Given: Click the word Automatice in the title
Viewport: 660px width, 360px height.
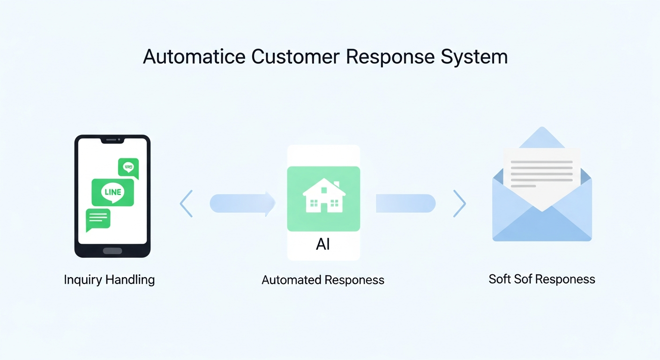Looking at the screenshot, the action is point(194,56).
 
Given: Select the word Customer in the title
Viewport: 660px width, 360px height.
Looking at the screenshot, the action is point(295,56).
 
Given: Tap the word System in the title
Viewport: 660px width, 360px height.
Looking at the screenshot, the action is point(474,57).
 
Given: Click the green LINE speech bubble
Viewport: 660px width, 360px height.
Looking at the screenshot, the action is point(113,192).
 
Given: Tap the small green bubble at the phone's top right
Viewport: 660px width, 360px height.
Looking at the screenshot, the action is point(128,168).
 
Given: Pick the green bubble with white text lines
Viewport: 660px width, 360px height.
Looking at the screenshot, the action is point(98,219).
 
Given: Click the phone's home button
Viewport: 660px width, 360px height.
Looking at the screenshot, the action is point(112,251).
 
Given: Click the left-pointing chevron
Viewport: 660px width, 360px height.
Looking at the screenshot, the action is point(186,203).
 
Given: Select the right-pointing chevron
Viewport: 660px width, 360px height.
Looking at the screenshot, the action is point(460,203).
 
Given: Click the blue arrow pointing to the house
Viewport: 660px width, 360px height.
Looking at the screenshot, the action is point(243,203).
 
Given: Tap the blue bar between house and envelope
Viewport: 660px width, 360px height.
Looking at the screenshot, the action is point(406,203).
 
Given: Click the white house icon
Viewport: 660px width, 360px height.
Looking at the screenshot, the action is point(324,195).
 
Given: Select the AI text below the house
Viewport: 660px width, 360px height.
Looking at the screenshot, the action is point(323,244).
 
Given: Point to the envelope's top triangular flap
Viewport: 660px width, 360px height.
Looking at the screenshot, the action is point(542,138).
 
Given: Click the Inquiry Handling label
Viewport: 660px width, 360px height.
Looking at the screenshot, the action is point(109,280).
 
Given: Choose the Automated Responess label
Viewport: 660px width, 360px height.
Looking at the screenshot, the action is point(323,280).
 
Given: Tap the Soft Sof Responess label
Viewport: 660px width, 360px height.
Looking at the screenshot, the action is point(542,279).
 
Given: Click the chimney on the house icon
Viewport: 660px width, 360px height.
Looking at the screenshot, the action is point(337,184).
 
